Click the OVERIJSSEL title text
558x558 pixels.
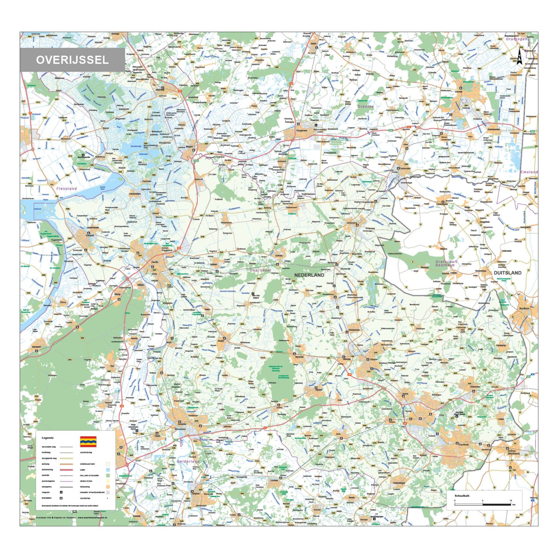72,60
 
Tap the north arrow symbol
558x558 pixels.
519,57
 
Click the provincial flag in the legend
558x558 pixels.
88,441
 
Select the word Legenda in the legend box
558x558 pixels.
48,438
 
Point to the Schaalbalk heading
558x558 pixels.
462,496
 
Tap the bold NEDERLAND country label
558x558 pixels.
309,275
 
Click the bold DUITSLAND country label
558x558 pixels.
508,273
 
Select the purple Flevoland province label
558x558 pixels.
66,189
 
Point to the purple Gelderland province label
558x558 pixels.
188,461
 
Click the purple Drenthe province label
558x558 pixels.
365,106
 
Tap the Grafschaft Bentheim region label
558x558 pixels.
446,263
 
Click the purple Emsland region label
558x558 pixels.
529,172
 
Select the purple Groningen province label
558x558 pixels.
517,39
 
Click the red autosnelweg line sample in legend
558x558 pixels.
66,470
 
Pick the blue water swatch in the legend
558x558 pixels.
108,470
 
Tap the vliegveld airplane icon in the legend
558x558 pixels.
61,492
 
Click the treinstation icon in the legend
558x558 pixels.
61,498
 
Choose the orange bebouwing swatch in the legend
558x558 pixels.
108,487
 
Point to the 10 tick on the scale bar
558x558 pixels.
510,501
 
